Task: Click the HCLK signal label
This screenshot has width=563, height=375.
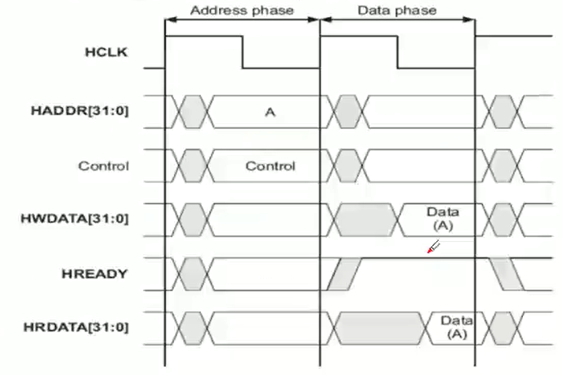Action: (101, 52)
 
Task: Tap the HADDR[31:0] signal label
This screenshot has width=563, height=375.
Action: (79, 110)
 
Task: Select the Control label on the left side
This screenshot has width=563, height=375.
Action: (104, 166)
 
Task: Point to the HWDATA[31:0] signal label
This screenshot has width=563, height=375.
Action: (74, 218)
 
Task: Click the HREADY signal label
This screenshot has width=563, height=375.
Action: (95, 274)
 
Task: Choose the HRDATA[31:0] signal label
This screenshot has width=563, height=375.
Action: (76, 328)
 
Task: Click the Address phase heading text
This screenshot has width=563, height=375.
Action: (242, 11)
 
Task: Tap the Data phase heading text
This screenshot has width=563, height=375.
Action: (397, 11)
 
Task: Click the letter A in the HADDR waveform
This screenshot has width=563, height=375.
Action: (270, 113)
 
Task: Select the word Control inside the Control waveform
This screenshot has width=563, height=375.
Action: (270, 166)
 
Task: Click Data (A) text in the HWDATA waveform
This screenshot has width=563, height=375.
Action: (443, 218)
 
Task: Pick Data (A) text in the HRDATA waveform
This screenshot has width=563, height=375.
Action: (457, 327)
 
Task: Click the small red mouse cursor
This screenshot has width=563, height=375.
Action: (433, 247)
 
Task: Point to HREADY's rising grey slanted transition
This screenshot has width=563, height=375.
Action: (344, 274)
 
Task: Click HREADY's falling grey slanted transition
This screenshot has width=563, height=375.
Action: (507, 274)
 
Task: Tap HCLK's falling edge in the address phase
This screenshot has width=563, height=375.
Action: (243, 52)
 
